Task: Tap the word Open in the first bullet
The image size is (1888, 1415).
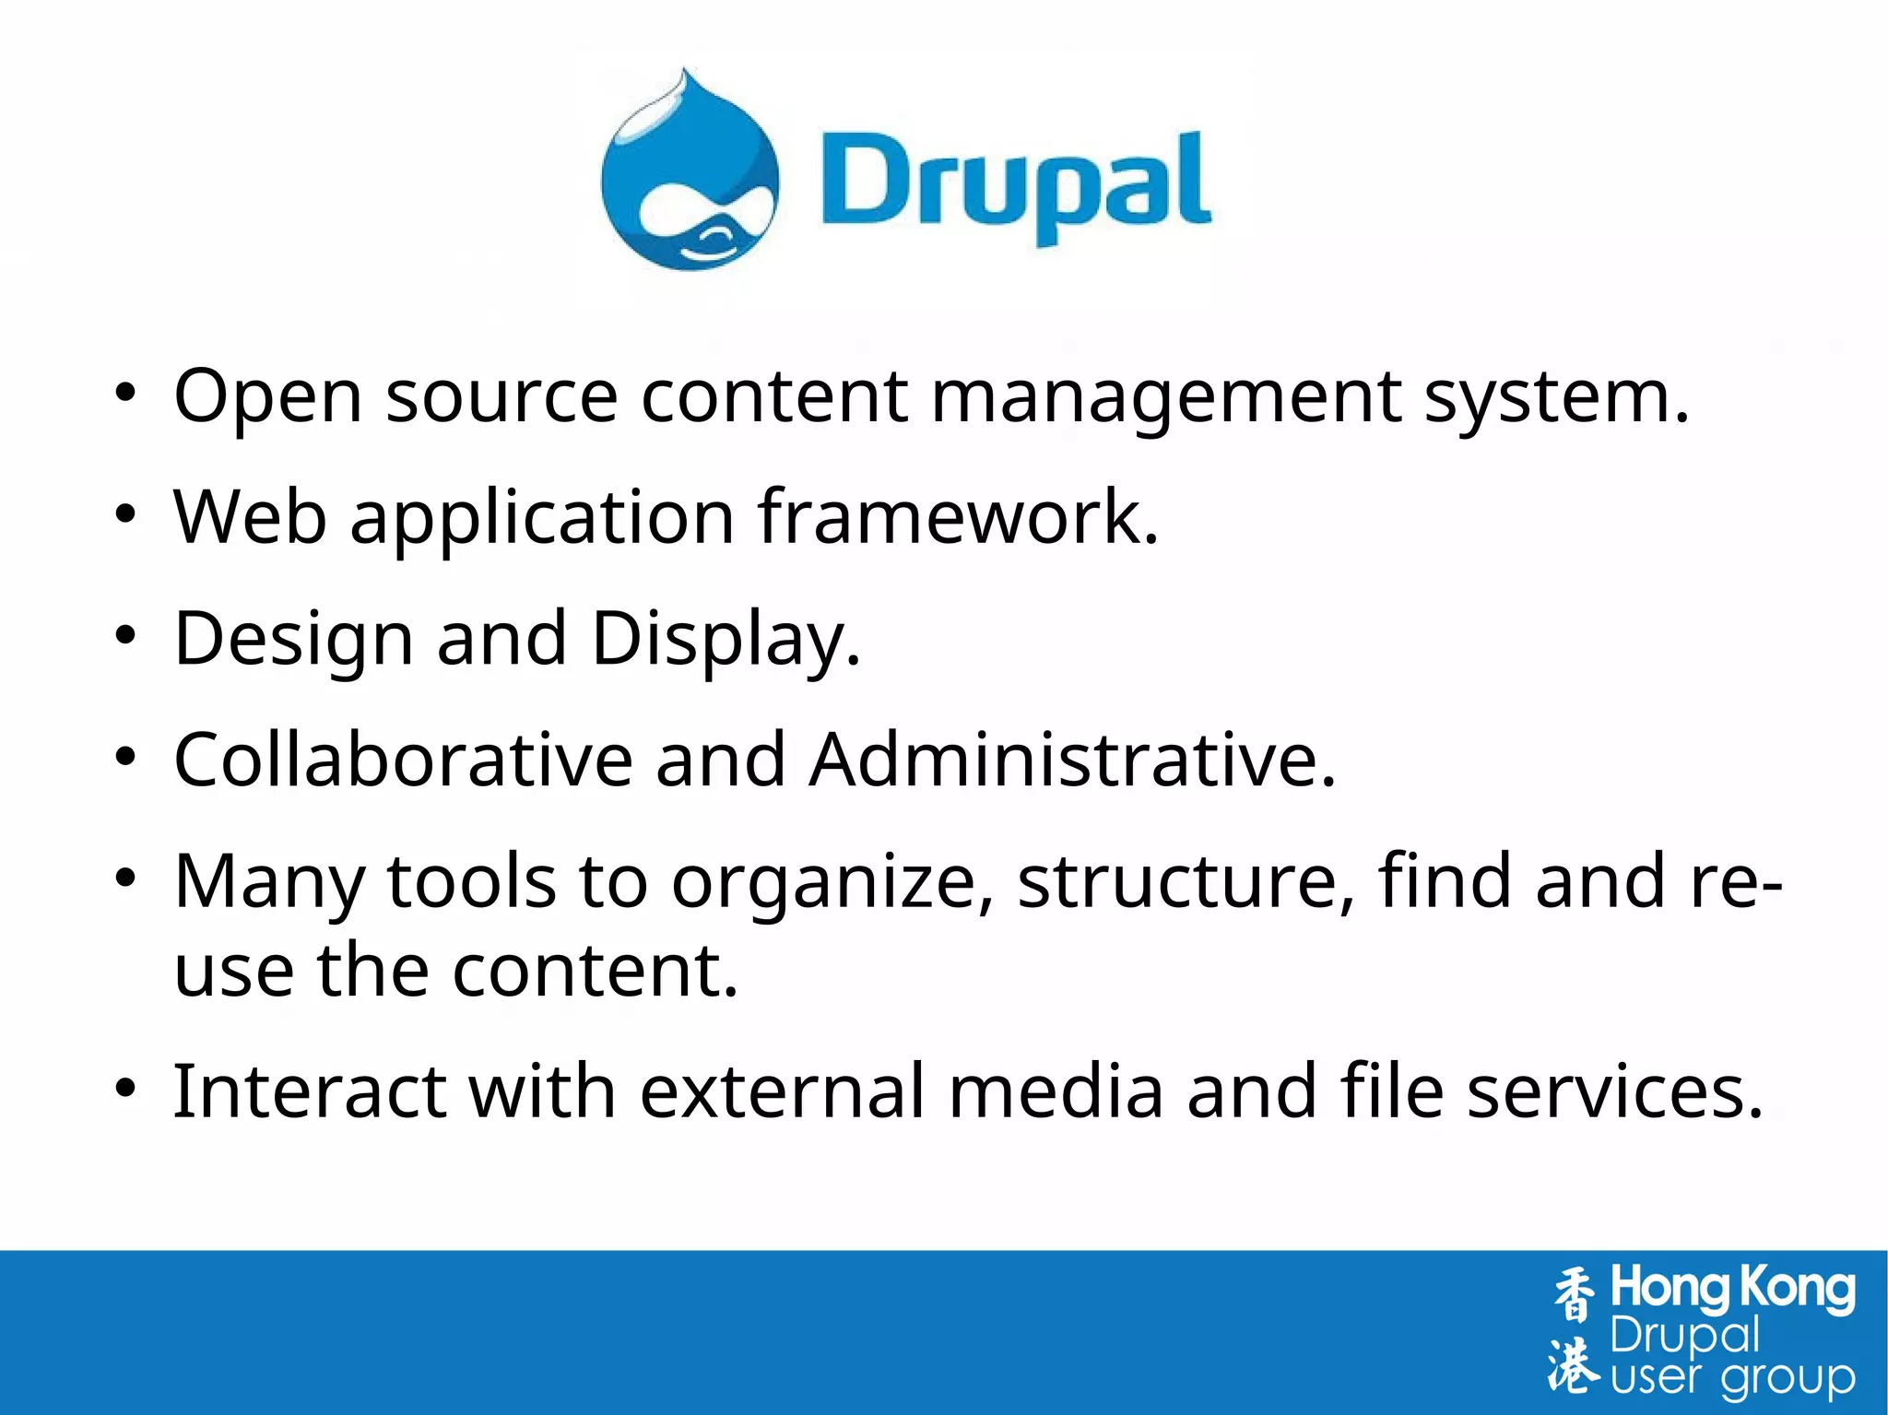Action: pyautogui.click(x=267, y=396)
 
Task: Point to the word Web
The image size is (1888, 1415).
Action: pyautogui.click(x=250, y=517)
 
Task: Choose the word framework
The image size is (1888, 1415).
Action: pyautogui.click(x=957, y=517)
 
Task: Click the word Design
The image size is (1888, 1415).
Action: pyautogui.click(x=293, y=640)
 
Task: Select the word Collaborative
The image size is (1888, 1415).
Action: pyautogui.click(x=403, y=761)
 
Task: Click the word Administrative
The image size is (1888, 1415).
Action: pyautogui.click(x=1072, y=761)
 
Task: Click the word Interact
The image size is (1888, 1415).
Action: pyautogui.click(x=310, y=1091)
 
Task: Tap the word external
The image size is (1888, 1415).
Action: pyautogui.click(x=782, y=1091)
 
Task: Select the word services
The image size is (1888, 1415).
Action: pyautogui.click(x=1614, y=1091)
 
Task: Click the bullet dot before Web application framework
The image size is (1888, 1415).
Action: pyautogui.click(x=125, y=514)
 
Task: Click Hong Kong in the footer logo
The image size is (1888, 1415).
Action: pyautogui.click(x=1732, y=1289)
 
